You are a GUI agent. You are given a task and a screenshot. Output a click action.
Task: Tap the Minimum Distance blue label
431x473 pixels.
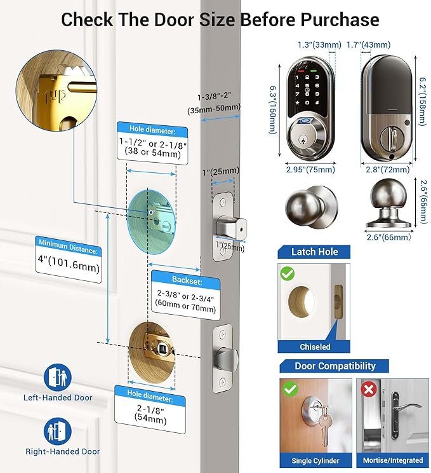68,243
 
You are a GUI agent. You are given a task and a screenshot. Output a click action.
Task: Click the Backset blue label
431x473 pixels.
187,279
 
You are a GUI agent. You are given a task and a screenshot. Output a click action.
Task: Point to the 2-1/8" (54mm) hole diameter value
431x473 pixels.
149,415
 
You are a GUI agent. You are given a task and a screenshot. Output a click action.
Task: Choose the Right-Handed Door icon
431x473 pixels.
58,430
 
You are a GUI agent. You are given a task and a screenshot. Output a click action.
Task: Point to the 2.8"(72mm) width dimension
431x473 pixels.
388,169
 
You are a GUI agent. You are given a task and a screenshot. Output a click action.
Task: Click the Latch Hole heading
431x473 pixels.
314,252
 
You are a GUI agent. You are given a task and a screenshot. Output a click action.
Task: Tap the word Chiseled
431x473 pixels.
315,347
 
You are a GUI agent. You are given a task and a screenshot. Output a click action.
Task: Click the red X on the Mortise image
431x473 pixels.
366,388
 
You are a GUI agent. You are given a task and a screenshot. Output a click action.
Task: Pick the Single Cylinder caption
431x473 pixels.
315,460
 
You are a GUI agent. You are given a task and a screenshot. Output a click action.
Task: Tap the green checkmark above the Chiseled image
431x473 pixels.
288,274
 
